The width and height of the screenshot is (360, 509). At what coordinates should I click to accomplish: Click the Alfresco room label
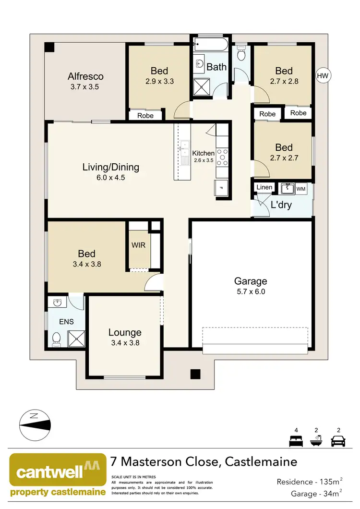pyautogui.click(x=85, y=76)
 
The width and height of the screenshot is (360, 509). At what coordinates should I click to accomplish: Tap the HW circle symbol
pyautogui.click(x=324, y=75)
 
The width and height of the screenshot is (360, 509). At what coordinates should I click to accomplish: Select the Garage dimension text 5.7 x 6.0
pyautogui.click(x=250, y=291)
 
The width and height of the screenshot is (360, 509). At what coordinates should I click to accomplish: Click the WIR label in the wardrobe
pyautogui.click(x=138, y=245)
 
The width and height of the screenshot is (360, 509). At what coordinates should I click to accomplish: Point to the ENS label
pyautogui.click(x=67, y=321)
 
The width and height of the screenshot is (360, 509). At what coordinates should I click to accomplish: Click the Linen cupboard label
pyautogui.click(x=264, y=187)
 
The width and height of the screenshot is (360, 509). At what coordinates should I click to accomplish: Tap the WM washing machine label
pyautogui.click(x=301, y=189)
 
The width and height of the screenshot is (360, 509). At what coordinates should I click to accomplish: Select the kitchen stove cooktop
pyautogui.click(x=223, y=157)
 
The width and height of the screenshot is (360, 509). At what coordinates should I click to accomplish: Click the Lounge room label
pyautogui.click(x=125, y=332)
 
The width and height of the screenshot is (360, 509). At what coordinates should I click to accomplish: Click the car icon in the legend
pyautogui.click(x=339, y=440)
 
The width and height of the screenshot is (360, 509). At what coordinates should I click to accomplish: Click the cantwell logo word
pyautogui.click(x=50, y=472)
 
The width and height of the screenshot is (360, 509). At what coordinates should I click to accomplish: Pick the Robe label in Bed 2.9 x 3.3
pyautogui.click(x=145, y=116)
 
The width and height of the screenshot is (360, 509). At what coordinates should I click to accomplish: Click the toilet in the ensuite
pyautogui.click(x=56, y=339)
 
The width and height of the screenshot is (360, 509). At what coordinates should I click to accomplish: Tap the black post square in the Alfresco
pyautogui.click(x=49, y=48)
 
